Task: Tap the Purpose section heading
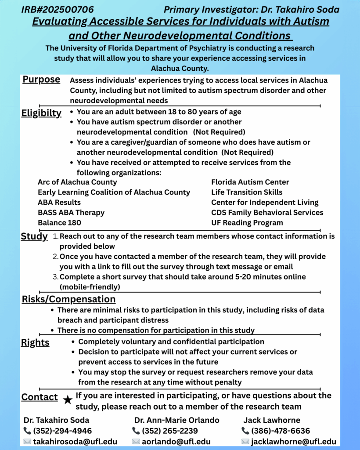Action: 41,80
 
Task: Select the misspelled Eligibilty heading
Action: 41,113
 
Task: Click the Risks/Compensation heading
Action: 68,299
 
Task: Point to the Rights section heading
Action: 35,343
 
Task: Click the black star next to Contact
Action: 67,399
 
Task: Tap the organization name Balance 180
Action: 59,223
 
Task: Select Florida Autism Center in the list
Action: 250,182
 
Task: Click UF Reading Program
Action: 247,223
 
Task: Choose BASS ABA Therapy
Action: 71,213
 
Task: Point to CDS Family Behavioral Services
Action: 267,213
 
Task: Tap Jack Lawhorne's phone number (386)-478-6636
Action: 281,431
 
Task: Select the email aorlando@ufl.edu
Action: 176,442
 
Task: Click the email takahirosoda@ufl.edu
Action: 69,442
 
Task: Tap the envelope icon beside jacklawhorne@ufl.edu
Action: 245,442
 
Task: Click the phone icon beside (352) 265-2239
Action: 136,431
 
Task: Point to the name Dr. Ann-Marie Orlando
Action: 177,420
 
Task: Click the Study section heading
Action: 34,236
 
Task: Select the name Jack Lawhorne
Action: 272,420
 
